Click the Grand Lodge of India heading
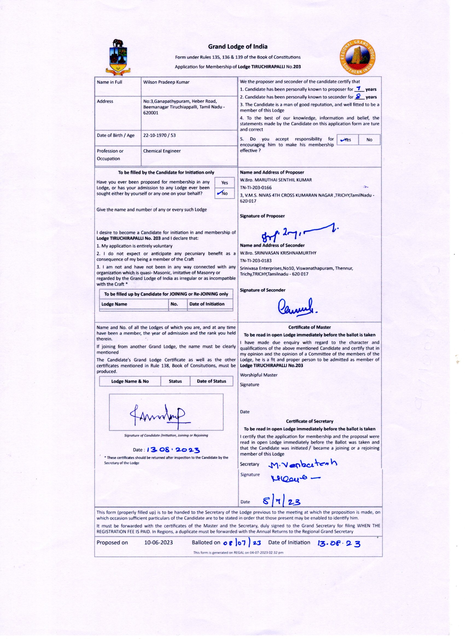pos(238,46)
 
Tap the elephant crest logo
pos(118,57)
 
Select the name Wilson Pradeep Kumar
pos(166,82)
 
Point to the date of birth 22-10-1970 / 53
pos(159,135)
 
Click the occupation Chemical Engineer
pos(162,151)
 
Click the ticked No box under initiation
pos(224,193)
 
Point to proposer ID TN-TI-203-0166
pos(256,187)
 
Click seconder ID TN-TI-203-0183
pos(256,261)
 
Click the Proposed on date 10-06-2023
pos(158,543)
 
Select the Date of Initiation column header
pos(207,304)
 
